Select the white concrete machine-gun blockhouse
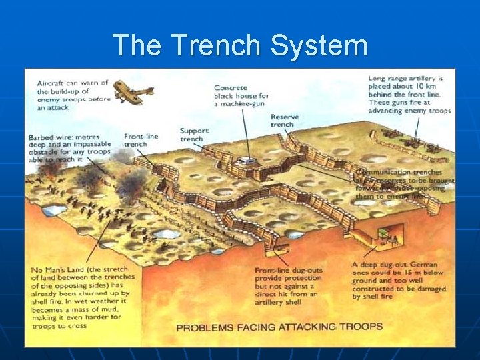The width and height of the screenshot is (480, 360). (x=247, y=160)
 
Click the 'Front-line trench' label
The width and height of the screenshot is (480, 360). (x=141, y=140)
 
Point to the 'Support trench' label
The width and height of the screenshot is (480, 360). (x=193, y=135)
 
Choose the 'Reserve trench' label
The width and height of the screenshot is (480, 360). (x=284, y=121)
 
